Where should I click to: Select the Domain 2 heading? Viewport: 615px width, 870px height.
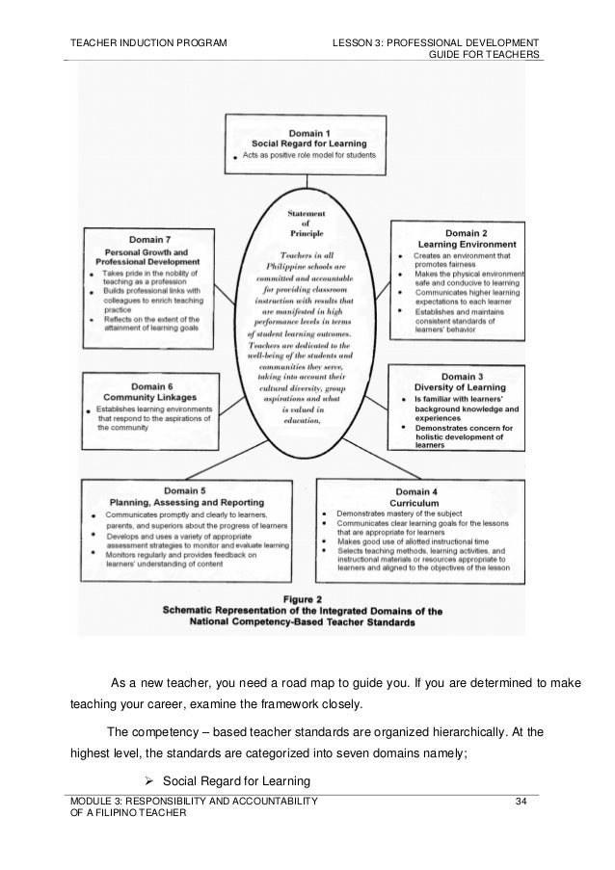(x=471, y=232)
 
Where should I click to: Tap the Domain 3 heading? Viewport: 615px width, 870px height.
(x=470, y=376)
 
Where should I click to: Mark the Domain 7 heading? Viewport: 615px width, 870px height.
(x=154, y=240)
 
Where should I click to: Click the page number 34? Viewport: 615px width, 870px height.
(x=522, y=802)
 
